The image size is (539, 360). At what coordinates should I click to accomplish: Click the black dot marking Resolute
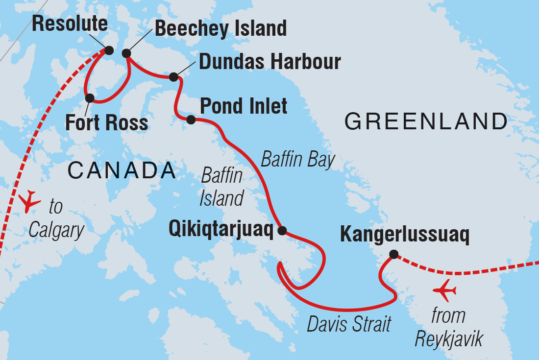coord(109,50)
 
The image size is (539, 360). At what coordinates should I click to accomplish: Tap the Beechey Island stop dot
coord(126,53)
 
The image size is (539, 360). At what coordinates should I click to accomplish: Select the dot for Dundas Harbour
coord(173,77)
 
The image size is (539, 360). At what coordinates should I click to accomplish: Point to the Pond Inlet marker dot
coord(191,120)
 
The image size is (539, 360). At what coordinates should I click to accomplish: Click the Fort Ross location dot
coord(90,98)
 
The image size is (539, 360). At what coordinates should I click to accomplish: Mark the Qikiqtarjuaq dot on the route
coord(282,231)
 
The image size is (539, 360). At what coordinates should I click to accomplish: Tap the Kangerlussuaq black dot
coord(393,254)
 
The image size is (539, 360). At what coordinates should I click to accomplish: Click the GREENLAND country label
coord(425,121)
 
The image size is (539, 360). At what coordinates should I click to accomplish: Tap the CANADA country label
coord(122,170)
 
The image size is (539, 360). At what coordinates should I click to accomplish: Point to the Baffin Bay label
coord(298,160)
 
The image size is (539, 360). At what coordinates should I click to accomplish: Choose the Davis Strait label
coord(349,324)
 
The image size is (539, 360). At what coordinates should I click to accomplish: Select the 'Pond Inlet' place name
coord(244,106)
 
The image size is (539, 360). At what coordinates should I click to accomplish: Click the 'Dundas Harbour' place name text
coord(269,62)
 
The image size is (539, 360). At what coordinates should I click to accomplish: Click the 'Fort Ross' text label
coord(106,122)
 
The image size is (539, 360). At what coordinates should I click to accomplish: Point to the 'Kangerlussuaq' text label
coord(405,235)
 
